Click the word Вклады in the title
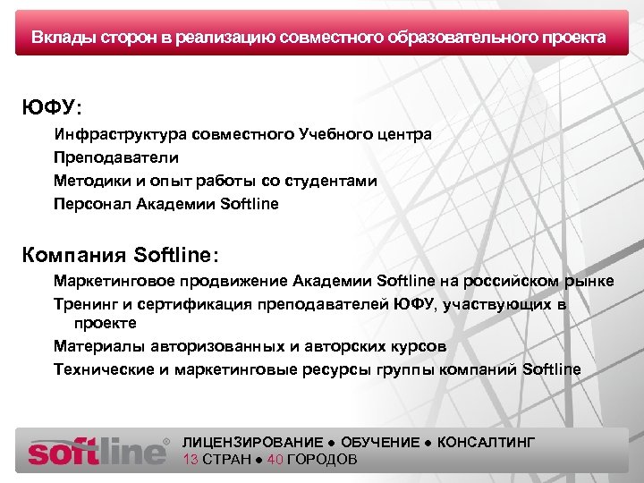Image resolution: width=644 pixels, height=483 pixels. [60, 38]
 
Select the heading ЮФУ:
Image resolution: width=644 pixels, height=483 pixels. [51, 107]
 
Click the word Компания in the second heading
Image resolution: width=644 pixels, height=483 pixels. [74, 254]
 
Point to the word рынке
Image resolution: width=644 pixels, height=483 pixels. [591, 282]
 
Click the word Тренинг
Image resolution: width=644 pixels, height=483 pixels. [82, 304]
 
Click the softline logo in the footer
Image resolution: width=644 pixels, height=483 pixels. [97, 450]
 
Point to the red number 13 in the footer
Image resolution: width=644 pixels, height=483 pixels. [190, 460]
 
